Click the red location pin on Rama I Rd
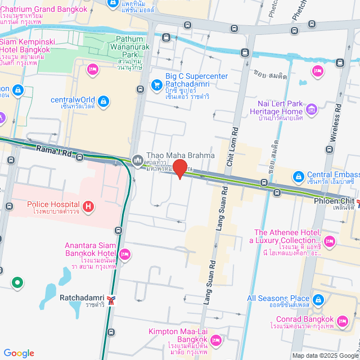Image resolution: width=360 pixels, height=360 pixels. point(179,169)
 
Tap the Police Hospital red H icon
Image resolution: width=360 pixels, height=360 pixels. point(88,207)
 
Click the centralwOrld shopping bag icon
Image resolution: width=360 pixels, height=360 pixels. point(103,101)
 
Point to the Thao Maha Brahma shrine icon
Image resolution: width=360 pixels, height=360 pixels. point(138,160)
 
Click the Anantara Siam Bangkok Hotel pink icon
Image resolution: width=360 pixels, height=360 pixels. point(125,254)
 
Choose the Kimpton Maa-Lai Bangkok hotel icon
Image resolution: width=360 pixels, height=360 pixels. point(216,340)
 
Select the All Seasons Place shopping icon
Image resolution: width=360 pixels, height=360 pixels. point(319,300)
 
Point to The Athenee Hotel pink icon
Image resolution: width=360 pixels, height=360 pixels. point(330,241)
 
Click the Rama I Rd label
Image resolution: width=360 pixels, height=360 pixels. point(54,150)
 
